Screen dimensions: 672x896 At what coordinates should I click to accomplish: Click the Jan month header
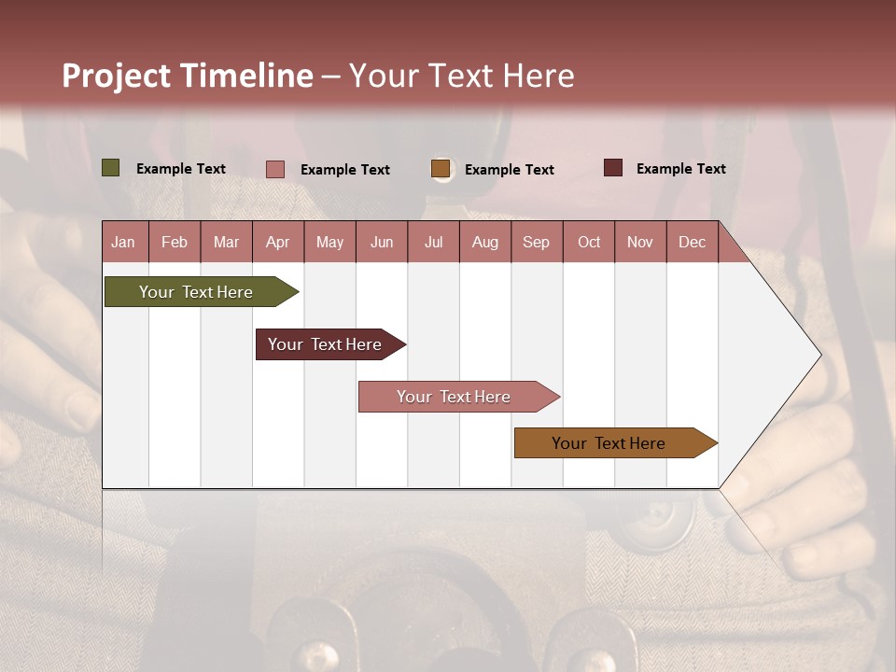click(x=123, y=242)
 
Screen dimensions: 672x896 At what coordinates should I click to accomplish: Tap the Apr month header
click(x=277, y=242)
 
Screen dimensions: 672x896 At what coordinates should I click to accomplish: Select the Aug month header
click(x=484, y=242)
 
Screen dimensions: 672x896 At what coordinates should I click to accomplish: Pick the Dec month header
click(x=692, y=242)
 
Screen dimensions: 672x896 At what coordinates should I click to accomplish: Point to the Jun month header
click(x=381, y=242)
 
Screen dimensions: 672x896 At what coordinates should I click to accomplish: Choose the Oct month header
click(x=588, y=242)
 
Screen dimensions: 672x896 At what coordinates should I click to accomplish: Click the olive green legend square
click(x=110, y=168)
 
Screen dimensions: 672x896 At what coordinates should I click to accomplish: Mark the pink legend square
click(x=274, y=169)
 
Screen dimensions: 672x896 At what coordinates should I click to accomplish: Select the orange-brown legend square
click(x=441, y=169)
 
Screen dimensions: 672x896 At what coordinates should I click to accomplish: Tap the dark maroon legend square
click(x=612, y=168)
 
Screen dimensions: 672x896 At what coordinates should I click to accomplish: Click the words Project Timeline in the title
click(x=187, y=76)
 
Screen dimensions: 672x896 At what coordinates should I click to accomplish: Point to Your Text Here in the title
click(x=461, y=76)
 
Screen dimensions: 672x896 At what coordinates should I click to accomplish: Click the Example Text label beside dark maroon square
click(x=680, y=169)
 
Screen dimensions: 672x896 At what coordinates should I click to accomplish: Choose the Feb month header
click(x=174, y=242)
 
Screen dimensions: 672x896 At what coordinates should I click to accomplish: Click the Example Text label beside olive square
click(x=180, y=169)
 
